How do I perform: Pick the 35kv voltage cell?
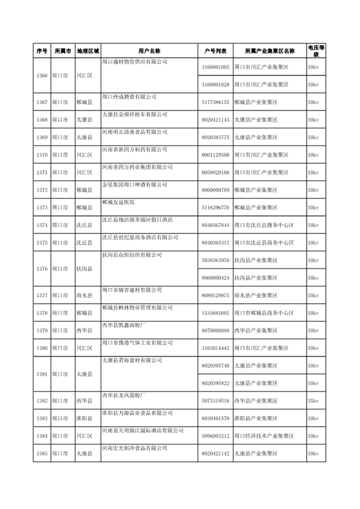click(313, 400)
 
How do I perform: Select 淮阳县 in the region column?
click(84, 418)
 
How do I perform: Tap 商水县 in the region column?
click(84, 295)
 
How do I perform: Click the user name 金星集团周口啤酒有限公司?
click(136, 184)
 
